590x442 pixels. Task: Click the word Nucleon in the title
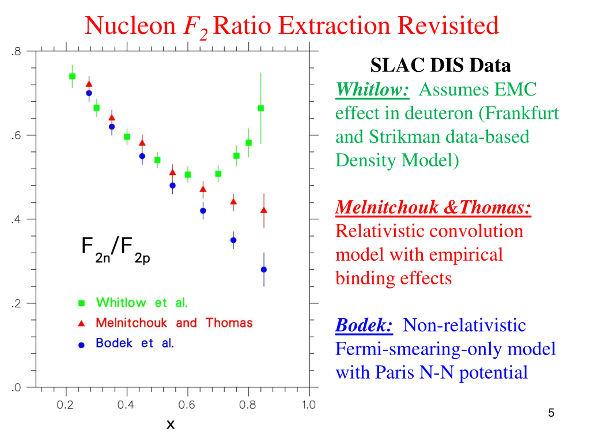[x=130, y=26]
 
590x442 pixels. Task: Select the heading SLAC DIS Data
[x=440, y=65]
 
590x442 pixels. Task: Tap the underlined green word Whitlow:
[x=372, y=90]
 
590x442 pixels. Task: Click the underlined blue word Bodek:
[x=364, y=325]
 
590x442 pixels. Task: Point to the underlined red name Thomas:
[x=495, y=207]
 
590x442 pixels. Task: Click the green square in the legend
[x=81, y=303]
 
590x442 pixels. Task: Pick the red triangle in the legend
[x=81, y=323]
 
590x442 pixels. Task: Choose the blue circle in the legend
[x=81, y=345]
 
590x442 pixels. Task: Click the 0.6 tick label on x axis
[x=186, y=405]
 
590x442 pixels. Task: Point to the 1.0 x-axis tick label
[x=309, y=405]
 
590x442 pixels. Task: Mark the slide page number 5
[x=551, y=413]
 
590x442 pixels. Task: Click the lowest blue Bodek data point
[x=264, y=270]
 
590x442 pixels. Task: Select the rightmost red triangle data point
[x=264, y=210]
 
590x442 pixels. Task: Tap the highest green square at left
[x=72, y=76]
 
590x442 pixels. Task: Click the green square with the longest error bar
[x=261, y=108]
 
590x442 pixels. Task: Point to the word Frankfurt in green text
[x=522, y=113]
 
